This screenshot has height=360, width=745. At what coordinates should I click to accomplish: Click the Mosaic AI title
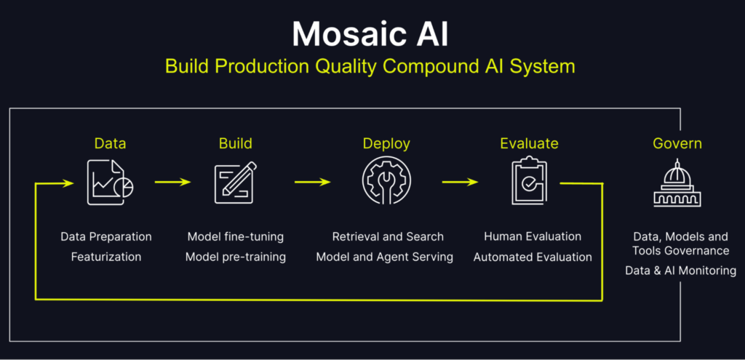click(x=372, y=33)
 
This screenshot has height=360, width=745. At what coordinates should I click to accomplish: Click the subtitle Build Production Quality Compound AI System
click(x=370, y=66)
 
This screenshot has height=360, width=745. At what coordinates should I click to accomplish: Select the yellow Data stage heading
click(x=110, y=143)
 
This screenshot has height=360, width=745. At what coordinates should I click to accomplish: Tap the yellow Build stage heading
click(x=235, y=143)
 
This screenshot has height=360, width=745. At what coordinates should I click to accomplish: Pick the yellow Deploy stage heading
click(x=386, y=143)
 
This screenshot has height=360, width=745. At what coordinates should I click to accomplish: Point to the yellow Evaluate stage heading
click(x=529, y=143)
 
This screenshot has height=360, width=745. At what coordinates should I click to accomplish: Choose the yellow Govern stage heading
click(x=677, y=143)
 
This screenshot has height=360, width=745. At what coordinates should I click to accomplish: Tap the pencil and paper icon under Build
click(x=235, y=183)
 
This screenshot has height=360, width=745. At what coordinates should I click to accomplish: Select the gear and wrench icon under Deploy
click(x=386, y=183)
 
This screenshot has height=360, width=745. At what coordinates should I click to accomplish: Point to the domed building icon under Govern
click(x=677, y=183)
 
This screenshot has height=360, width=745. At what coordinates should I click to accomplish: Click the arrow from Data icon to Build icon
click(x=172, y=183)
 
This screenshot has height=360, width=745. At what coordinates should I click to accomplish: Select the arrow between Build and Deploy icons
click(x=312, y=183)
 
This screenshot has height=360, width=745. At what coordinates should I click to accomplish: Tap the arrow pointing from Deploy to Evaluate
click(x=460, y=183)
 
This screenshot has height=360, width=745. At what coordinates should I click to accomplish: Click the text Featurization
click(x=106, y=257)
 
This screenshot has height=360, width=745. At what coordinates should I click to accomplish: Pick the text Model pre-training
click(x=236, y=257)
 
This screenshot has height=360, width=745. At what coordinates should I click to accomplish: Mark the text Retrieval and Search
click(x=388, y=236)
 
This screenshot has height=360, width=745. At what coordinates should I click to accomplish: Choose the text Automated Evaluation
click(x=533, y=257)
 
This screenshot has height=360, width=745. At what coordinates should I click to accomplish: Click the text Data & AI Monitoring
click(x=680, y=271)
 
